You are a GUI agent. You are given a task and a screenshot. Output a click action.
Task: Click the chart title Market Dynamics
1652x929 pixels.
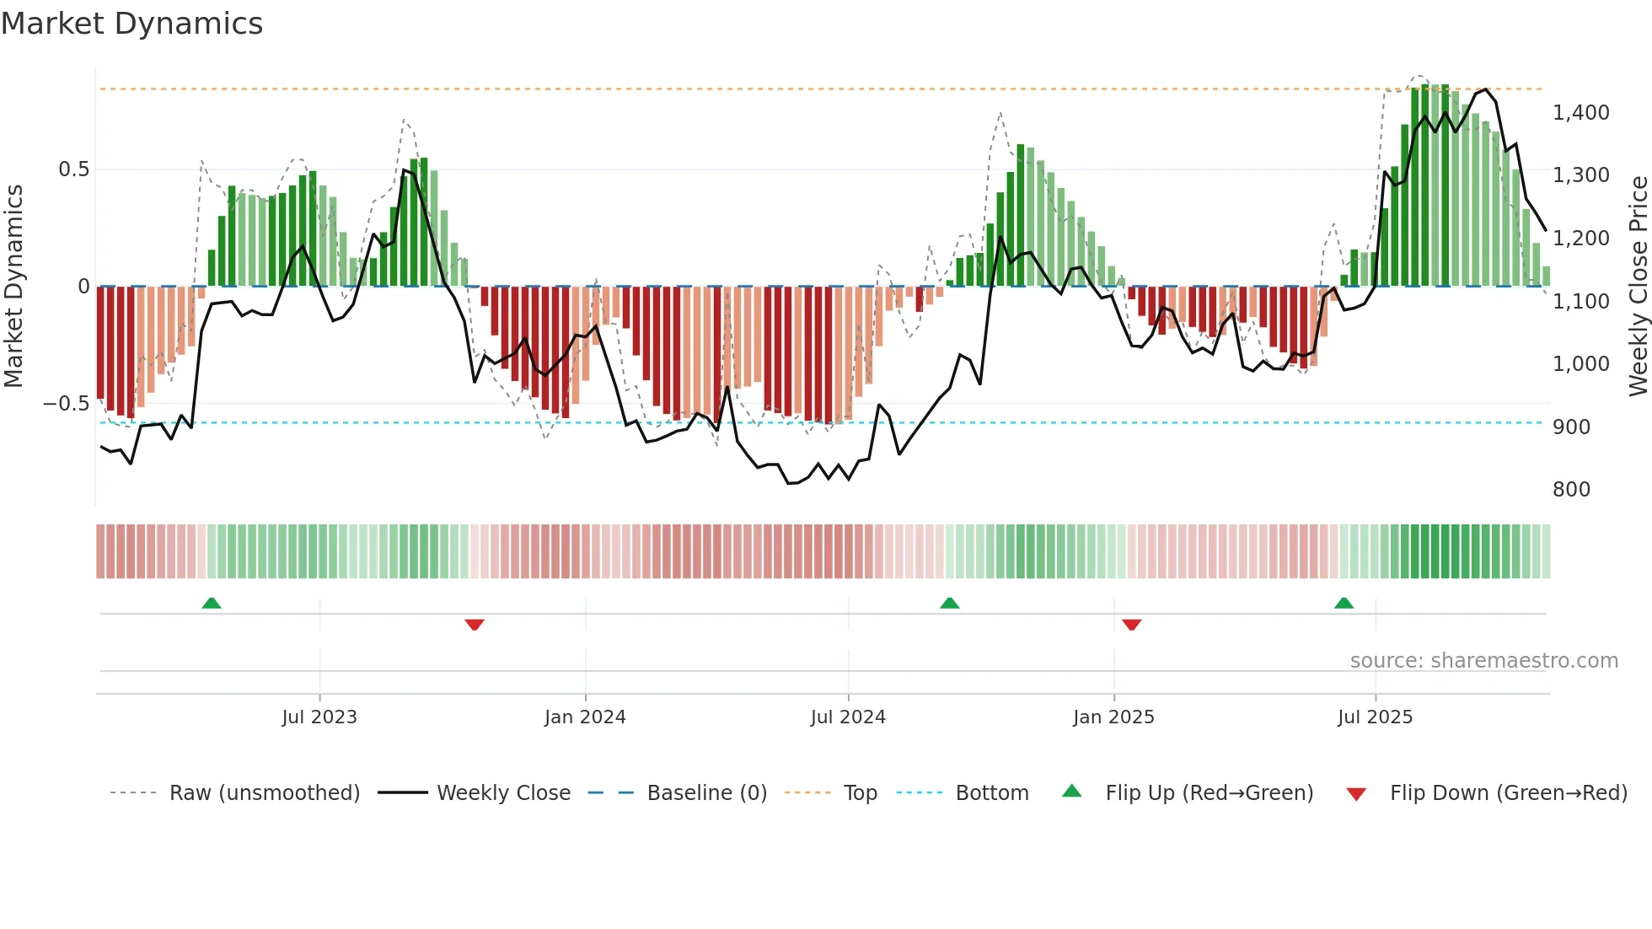(x=131, y=24)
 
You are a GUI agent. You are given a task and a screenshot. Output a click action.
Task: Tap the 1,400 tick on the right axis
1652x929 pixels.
(x=1580, y=112)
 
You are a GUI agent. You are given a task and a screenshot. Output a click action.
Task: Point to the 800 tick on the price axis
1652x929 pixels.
(x=1571, y=489)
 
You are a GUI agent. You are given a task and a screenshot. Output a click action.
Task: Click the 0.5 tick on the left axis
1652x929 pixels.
(x=73, y=169)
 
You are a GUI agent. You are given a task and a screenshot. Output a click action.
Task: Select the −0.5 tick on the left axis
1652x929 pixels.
(x=66, y=404)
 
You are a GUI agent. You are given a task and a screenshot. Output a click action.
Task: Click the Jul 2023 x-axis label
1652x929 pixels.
(x=319, y=717)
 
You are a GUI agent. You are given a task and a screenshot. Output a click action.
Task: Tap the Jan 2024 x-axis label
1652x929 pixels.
(x=585, y=717)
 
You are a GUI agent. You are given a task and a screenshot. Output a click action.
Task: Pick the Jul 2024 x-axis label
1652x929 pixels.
(x=848, y=717)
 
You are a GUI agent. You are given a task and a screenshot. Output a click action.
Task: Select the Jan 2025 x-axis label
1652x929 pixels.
(x=1113, y=717)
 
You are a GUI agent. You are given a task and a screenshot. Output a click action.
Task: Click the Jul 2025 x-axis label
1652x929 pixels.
(x=1375, y=717)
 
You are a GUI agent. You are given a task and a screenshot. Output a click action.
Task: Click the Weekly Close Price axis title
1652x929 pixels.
(x=1638, y=286)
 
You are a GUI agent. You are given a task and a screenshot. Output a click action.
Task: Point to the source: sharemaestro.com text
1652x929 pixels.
(x=1483, y=661)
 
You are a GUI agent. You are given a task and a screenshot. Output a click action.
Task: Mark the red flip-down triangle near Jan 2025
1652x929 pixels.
(x=1131, y=625)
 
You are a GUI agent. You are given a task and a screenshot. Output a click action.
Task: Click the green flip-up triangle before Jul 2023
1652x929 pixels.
(x=212, y=604)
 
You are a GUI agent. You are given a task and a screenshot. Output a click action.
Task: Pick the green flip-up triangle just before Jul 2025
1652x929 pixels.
(x=1344, y=604)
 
